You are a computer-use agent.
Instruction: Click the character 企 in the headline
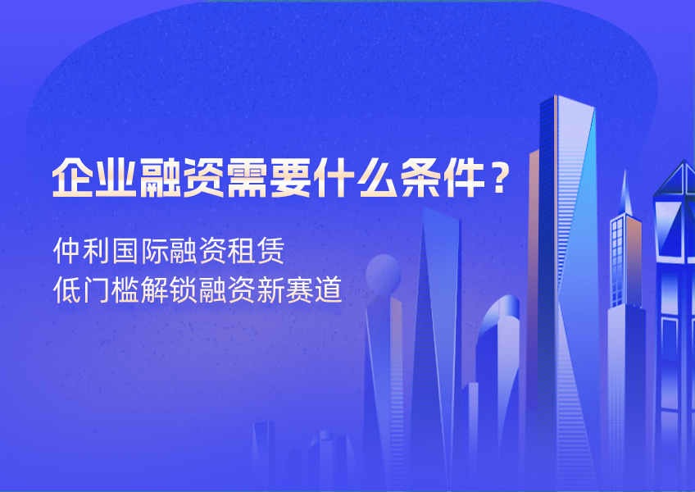70,175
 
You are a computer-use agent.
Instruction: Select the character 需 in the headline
245,175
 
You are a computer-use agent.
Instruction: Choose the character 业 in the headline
113,175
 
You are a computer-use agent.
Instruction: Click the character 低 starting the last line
66,290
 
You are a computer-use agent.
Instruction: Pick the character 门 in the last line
95,290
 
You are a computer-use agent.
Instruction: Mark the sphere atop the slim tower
383,271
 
